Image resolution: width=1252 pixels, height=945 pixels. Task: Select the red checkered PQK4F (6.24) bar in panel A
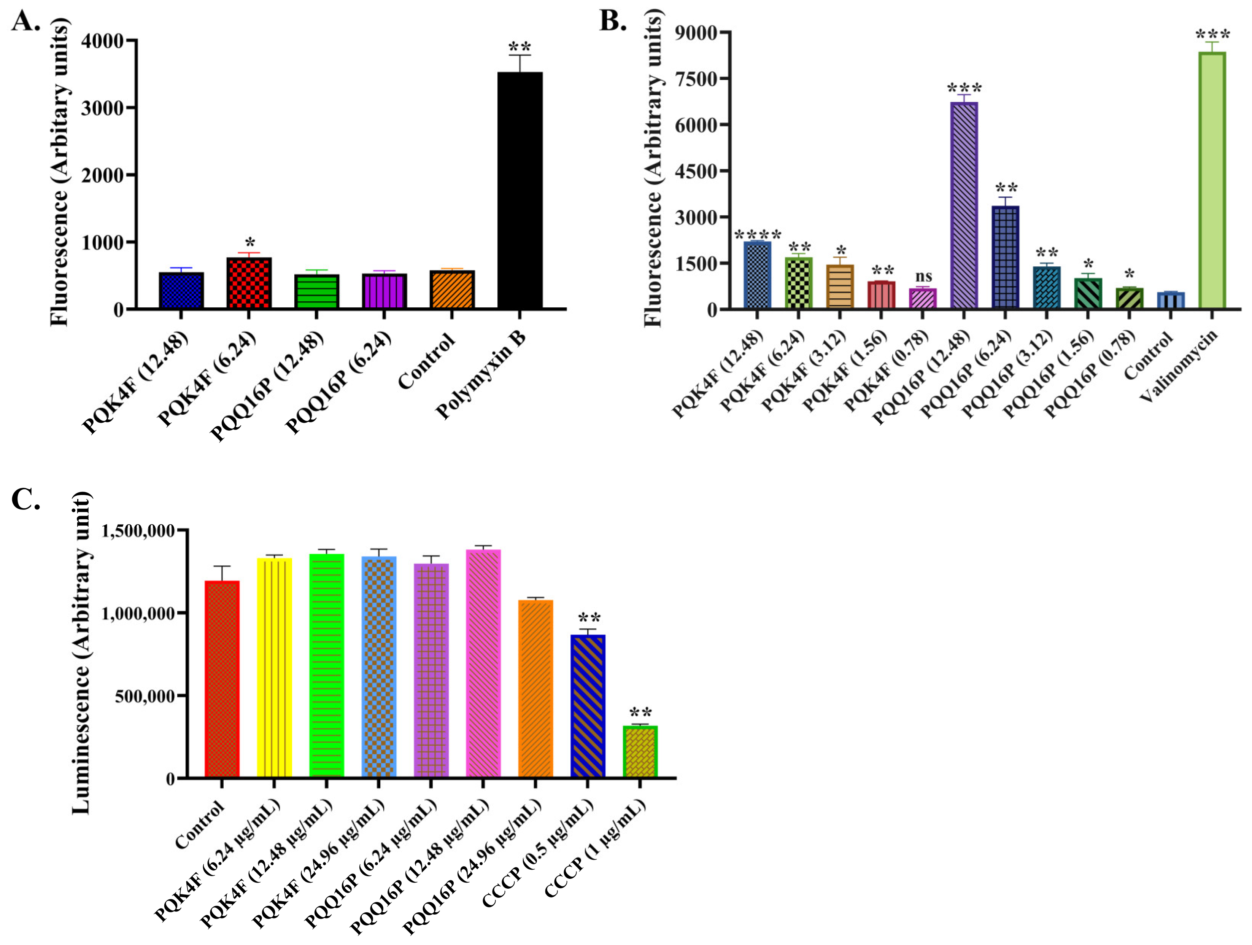[x=249, y=283]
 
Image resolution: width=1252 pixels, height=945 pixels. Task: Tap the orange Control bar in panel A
[x=452, y=290]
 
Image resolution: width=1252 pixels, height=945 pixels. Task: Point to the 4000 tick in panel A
[x=102, y=41]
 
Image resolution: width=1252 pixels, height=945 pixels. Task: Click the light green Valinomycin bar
[x=1212, y=180]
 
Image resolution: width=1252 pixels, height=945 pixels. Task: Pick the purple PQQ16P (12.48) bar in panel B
[x=964, y=205]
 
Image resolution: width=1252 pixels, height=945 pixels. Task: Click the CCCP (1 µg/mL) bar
[x=640, y=751]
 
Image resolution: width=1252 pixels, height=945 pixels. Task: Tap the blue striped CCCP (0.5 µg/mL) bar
[x=588, y=706]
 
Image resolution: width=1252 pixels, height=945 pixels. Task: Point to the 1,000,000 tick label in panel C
[x=138, y=613]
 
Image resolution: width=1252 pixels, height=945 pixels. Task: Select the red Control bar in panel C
[x=222, y=679]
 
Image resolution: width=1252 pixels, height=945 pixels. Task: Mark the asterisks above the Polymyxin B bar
[x=520, y=46]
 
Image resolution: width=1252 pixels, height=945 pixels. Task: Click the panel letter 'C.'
[x=25, y=500]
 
